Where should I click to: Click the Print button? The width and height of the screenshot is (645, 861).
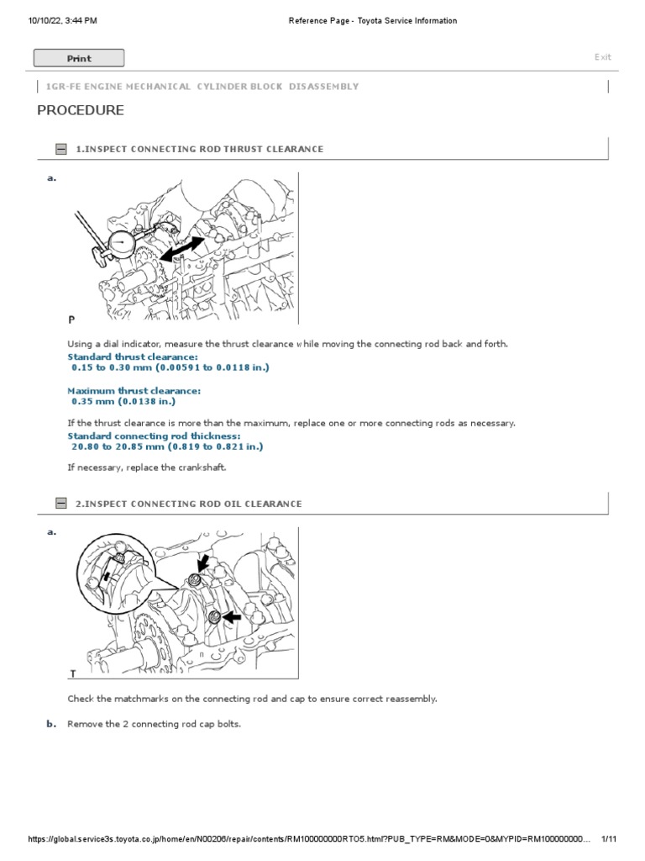(x=79, y=58)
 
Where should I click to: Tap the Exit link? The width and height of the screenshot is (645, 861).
(x=603, y=57)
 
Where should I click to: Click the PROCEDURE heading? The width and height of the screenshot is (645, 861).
(x=81, y=110)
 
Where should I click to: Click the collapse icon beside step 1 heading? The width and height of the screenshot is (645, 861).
(x=60, y=149)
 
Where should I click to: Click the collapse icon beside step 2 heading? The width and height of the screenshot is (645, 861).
(x=60, y=503)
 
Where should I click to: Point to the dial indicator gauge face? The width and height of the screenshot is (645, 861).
(x=122, y=245)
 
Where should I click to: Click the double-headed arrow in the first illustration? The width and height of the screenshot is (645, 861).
(x=181, y=249)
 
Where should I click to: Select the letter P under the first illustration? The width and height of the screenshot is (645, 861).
(x=71, y=320)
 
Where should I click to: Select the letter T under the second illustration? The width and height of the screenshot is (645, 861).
(x=73, y=673)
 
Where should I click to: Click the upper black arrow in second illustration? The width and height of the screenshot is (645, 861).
(x=203, y=563)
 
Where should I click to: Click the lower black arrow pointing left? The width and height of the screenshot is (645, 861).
(x=233, y=617)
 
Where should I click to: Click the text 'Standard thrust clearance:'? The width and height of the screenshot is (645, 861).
(x=133, y=357)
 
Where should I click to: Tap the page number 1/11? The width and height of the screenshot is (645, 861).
(x=609, y=839)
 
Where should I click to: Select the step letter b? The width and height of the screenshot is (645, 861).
(x=51, y=724)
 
